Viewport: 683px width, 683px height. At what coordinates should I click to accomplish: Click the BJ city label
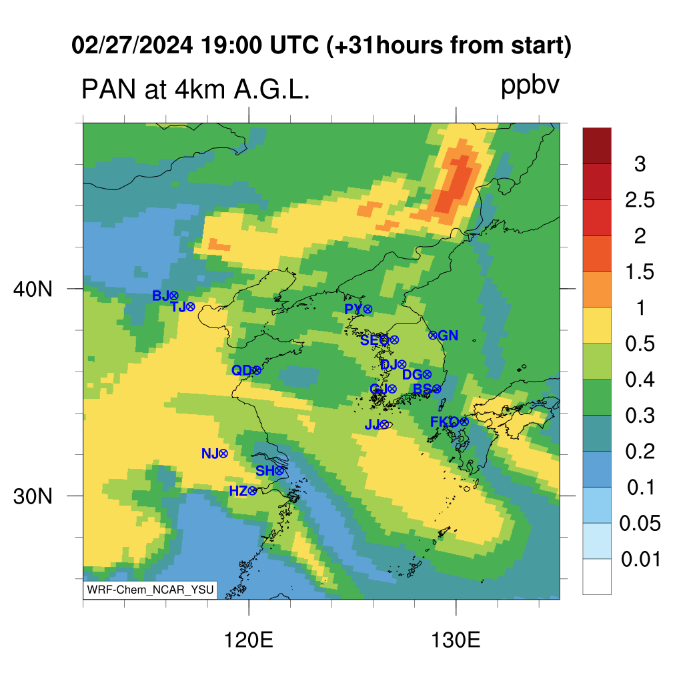tap(160, 295)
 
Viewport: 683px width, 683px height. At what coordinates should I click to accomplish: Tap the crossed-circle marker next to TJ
tap(190, 307)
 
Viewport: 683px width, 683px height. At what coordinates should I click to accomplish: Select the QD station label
tap(241, 370)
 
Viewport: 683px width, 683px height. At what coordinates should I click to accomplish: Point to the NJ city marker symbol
tap(223, 454)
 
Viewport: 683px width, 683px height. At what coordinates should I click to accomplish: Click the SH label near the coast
tap(265, 471)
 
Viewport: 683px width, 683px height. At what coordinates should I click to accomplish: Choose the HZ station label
tap(238, 492)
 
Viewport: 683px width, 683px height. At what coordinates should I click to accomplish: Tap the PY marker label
tap(354, 309)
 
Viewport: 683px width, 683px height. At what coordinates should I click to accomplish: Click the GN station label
tap(448, 335)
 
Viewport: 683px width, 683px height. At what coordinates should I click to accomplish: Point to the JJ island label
tap(372, 424)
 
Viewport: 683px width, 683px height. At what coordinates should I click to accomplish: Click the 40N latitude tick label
tap(33, 289)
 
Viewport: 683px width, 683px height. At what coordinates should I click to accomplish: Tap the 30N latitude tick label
tap(33, 496)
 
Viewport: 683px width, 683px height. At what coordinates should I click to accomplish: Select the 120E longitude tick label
tap(248, 640)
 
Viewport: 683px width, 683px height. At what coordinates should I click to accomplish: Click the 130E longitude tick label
tap(456, 640)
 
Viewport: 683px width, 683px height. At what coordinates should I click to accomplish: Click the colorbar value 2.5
tap(640, 200)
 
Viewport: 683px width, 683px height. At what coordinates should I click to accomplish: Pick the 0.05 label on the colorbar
tap(640, 523)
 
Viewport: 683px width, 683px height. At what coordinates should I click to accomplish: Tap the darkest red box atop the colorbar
tap(597, 145)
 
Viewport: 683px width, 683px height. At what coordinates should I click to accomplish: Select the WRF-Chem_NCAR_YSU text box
tap(150, 590)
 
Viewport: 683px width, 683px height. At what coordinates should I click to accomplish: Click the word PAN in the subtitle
tap(109, 89)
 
